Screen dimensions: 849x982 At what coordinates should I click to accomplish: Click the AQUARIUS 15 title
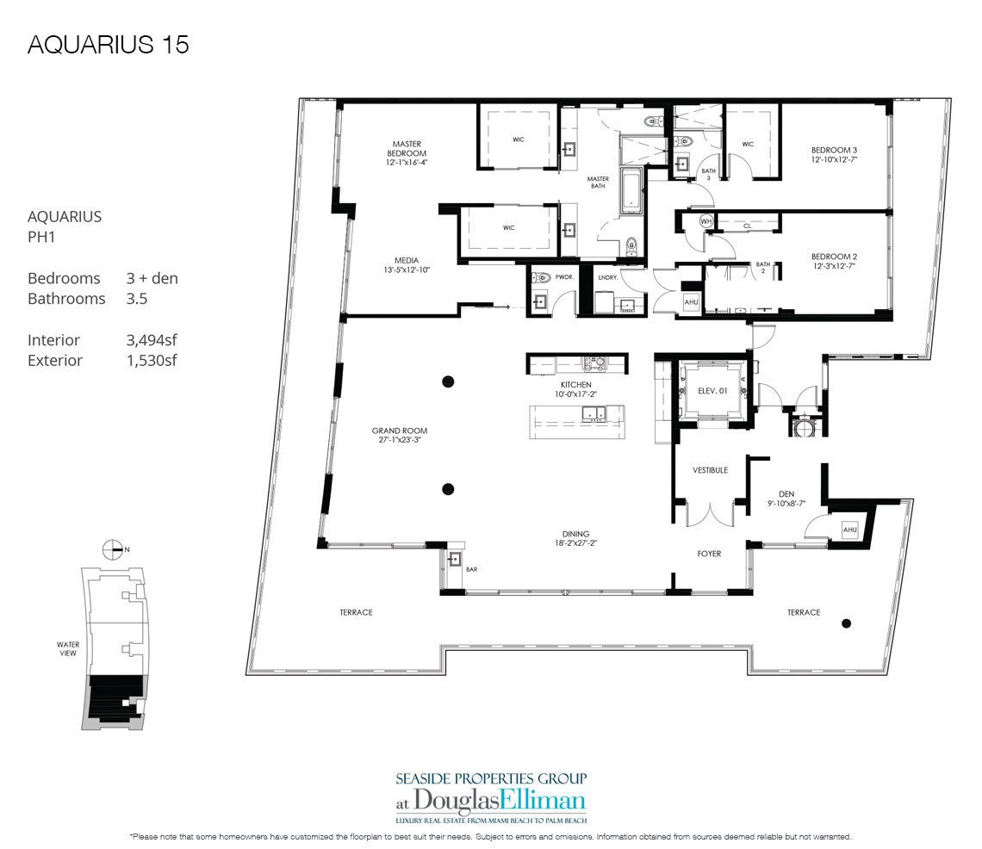109,45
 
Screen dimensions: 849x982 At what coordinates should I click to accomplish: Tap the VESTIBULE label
711,471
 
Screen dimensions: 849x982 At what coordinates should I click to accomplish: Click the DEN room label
785,494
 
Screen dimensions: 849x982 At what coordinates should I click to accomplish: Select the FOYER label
708,554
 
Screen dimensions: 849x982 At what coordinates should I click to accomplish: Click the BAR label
472,569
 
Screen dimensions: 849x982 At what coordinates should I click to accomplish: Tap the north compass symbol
110,548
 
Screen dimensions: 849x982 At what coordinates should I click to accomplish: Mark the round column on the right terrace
847,623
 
